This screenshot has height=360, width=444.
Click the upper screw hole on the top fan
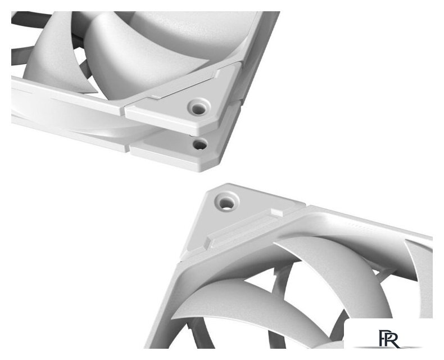pyautogui.click(x=199, y=107)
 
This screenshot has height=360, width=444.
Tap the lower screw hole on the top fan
pyautogui.click(x=200, y=145)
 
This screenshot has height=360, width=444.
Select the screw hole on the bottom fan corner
pyautogui.click(x=226, y=202)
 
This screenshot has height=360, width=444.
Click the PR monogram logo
pyautogui.click(x=389, y=338)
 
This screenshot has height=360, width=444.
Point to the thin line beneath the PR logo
pyautogui.click(x=388, y=347)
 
